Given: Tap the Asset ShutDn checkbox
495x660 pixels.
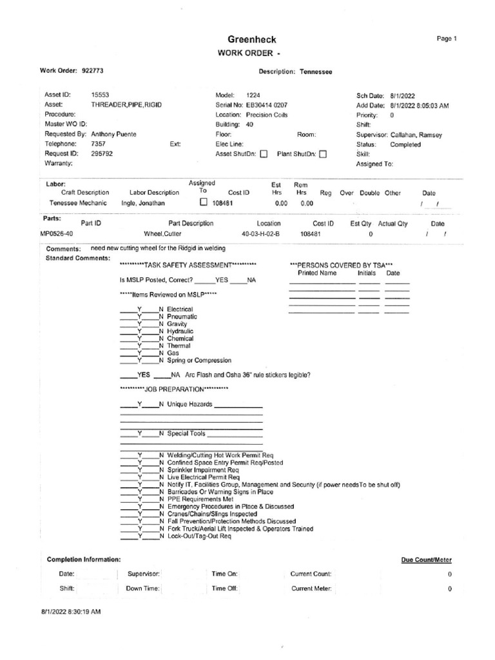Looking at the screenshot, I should click(x=263, y=154).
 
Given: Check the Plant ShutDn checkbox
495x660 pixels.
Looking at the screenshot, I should click(x=323, y=154).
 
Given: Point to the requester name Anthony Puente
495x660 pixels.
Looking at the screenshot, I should click(x=114, y=134).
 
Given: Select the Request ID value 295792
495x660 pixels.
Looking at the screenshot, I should click(x=102, y=154).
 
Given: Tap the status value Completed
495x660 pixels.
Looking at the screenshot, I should click(x=405, y=144).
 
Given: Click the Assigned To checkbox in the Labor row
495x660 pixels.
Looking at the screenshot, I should click(x=203, y=202).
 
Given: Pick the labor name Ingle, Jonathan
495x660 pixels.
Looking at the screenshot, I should click(x=143, y=202).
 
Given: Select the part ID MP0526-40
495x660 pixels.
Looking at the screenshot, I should click(x=56, y=235).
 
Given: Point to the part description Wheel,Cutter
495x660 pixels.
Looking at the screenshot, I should click(x=162, y=235).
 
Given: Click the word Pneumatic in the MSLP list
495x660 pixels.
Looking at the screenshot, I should click(x=182, y=316).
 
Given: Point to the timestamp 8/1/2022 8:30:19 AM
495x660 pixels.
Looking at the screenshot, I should click(x=71, y=611).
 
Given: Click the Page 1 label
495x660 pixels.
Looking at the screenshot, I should click(x=446, y=39).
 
